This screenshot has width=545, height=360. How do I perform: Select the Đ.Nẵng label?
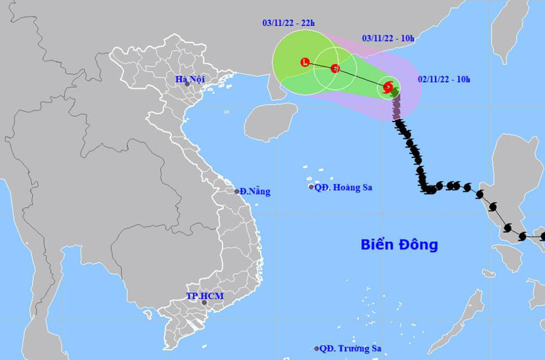pyautogui.click(x=255, y=191)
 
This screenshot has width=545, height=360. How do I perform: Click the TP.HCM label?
pyautogui.click(x=201, y=294)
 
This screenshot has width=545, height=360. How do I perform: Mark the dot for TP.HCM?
pyautogui.click(x=204, y=303)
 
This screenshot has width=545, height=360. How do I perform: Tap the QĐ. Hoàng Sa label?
pyautogui.click(x=344, y=187)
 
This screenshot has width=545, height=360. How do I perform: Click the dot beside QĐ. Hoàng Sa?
pyautogui.click(x=311, y=187)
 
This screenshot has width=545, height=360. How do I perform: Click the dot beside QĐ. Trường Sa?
pyautogui.click(x=316, y=348)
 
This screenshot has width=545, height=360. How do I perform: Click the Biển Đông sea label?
pyautogui.click(x=399, y=244)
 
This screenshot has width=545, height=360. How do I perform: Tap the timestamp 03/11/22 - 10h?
pyautogui.click(x=388, y=39)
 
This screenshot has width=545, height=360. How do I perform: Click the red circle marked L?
pyautogui.click(x=305, y=62)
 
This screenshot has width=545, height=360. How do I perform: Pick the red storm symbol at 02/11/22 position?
pyautogui.click(x=387, y=86)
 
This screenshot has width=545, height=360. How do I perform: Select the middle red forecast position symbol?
pyautogui.click(x=335, y=68)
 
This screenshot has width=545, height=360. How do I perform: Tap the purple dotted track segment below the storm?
pyautogui.click(x=397, y=109)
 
